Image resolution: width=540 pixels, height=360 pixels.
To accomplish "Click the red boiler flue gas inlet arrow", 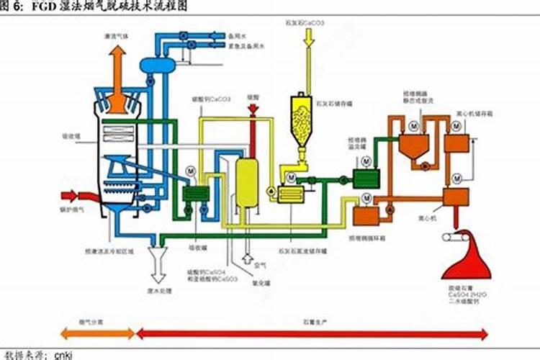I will [x=72, y=196].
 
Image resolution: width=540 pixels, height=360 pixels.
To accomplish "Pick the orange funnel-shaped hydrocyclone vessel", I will [x=414, y=147].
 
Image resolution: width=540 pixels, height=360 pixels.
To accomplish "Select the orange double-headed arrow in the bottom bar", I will [x=96, y=333].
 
